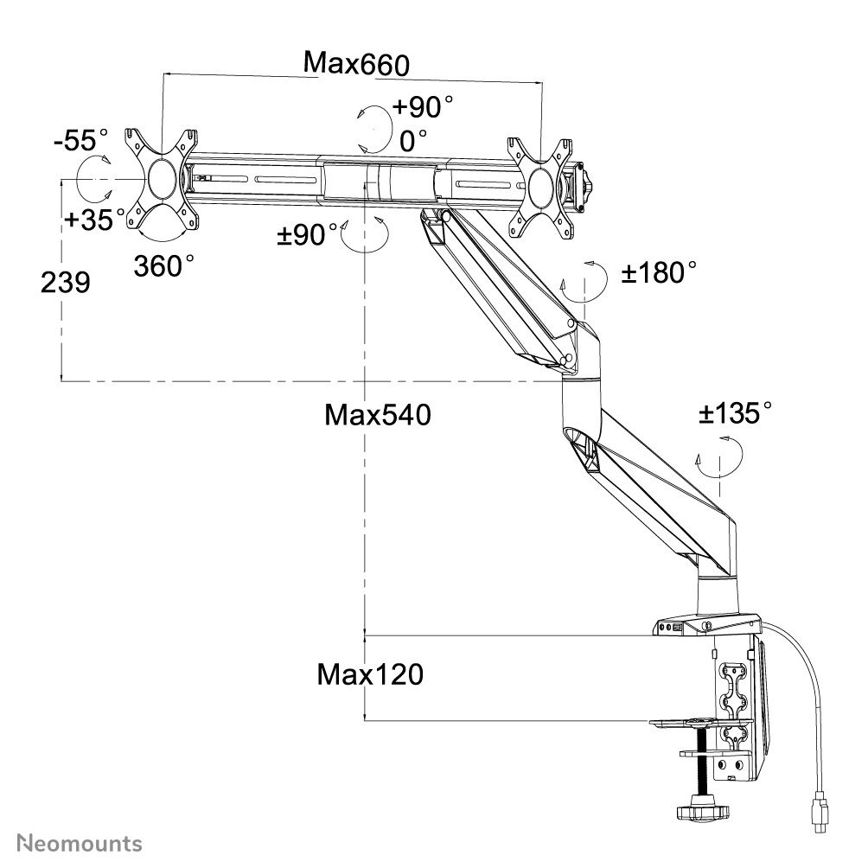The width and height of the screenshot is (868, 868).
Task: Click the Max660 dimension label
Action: [x=355, y=63]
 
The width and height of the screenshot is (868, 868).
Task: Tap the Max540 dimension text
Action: [x=377, y=415]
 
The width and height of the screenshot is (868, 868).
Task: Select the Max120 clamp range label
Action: [x=370, y=673]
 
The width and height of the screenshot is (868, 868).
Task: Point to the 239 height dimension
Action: [x=66, y=282]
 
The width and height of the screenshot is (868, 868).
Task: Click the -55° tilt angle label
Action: [x=81, y=140]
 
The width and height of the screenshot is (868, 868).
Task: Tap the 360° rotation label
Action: [x=164, y=265]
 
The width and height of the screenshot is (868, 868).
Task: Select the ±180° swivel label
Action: [x=660, y=273]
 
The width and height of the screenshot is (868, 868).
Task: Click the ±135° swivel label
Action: [x=735, y=414]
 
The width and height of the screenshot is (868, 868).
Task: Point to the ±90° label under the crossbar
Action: [x=308, y=234]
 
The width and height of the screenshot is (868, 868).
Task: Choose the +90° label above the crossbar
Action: [x=423, y=107]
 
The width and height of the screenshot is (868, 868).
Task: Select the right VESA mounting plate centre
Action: [x=541, y=184]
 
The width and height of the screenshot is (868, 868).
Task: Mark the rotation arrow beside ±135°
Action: [x=720, y=456]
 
